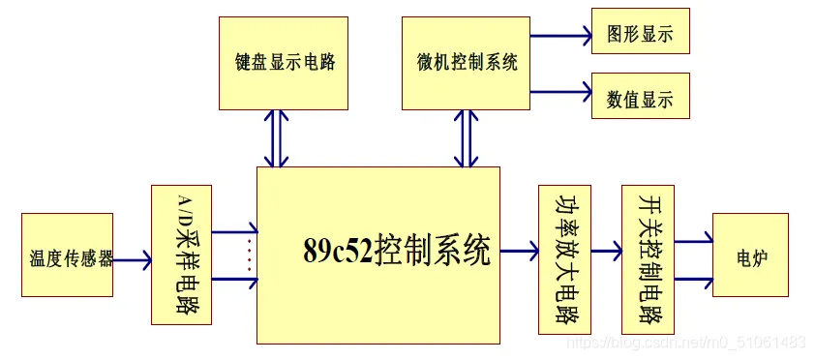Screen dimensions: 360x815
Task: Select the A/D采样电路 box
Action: pos(181,254)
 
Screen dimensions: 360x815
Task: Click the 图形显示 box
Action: pos(640,34)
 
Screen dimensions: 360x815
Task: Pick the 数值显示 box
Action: pos(640,98)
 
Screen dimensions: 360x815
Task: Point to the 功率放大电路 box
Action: pos(563,259)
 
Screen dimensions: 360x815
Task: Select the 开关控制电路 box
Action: pos(647,259)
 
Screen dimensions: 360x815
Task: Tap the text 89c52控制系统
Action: pos(397,251)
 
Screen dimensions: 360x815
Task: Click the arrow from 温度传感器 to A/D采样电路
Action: pos(132,259)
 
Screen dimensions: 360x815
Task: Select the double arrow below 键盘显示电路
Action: pos(278,138)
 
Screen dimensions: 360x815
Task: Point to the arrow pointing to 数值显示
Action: pos(561,93)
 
